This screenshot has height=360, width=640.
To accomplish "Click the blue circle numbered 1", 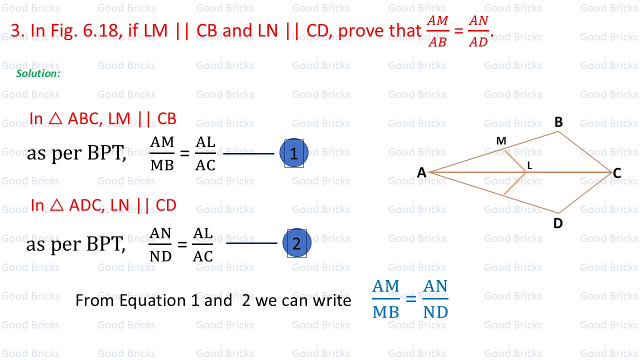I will point(293,153).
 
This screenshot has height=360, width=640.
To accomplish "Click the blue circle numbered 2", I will point(296,243).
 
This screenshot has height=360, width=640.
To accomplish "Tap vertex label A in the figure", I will point(421,172).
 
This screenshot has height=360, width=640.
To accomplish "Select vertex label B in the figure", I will point(558,122).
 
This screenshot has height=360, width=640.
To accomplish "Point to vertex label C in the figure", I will point(617,173).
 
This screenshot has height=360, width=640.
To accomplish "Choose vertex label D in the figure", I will point(558,223).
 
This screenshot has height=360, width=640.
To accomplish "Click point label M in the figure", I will point(501,141).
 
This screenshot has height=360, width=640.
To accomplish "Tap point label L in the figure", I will point(529,165).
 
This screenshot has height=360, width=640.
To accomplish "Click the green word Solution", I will point(38,73).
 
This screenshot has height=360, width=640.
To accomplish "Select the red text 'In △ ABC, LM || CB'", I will point(103,118).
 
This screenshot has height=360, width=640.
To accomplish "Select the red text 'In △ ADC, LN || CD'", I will point(103,205).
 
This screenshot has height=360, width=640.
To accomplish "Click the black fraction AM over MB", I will point(162,153).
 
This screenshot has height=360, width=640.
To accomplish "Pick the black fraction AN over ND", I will point(160,244).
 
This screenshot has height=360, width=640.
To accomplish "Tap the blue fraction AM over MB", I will point(386,299).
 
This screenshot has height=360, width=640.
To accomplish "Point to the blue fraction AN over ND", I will point(435,299).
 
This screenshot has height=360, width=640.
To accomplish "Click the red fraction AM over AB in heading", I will point(437,31).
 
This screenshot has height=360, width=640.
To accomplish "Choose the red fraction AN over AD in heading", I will point(478,31).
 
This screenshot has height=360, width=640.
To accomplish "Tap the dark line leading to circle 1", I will point(248,153).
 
